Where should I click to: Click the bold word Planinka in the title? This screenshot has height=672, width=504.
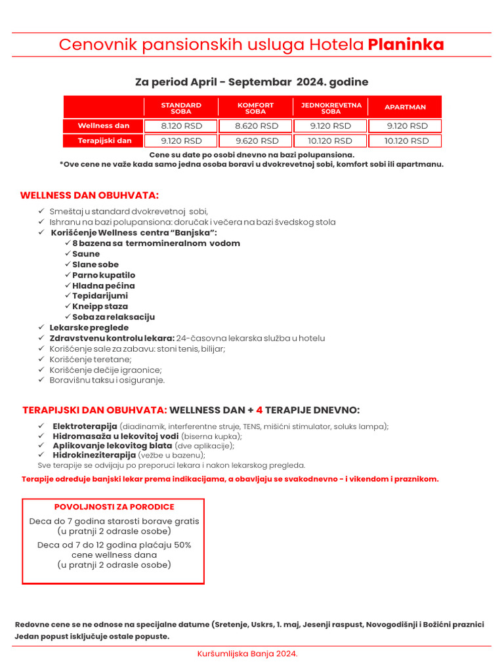406,45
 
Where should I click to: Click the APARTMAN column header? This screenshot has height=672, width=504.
405,107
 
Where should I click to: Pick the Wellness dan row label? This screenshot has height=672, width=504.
104,126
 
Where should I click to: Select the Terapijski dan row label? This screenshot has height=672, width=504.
104,140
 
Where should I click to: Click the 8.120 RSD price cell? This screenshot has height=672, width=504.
181,126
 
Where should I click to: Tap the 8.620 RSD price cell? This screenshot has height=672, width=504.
256,126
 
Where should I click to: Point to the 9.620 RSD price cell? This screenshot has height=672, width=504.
256,140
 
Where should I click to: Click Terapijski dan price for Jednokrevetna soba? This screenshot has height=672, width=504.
331,140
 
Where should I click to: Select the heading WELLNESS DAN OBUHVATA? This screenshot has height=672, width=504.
89,196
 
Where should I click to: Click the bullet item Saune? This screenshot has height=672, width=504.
86,254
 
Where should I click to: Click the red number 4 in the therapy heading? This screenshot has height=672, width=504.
259,410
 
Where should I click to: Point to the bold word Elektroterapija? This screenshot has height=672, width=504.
85,426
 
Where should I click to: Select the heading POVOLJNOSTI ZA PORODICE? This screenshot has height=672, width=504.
114,507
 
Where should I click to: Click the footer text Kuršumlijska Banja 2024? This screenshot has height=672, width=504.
247,654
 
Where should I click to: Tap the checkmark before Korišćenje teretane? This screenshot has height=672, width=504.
41,360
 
